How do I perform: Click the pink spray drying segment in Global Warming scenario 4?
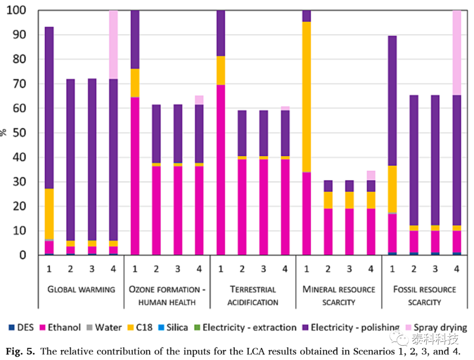tap(113, 45)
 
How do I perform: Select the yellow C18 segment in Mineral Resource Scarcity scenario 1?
tap(306, 97)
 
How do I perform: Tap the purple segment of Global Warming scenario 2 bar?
tap(70, 160)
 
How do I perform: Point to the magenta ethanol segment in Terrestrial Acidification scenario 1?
tap(221, 170)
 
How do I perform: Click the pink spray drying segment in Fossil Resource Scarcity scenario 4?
tap(457, 53)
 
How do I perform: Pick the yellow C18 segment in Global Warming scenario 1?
tap(49, 214)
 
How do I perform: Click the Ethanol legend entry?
tap(60, 328)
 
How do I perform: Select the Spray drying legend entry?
tap(436, 328)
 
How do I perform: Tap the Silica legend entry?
tap(173, 328)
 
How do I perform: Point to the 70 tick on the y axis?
tap(19, 83)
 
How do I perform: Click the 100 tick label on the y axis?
tap(16, 10)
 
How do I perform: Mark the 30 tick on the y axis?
tap(19, 182)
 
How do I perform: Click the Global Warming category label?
tap(81, 290)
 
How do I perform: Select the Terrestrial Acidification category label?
tap(253, 296)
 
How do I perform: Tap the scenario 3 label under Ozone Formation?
tap(178, 269)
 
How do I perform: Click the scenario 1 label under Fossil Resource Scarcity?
tap(392, 269)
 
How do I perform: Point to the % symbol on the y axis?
tap(3, 133)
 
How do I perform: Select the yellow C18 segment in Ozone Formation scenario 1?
tap(135, 83)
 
